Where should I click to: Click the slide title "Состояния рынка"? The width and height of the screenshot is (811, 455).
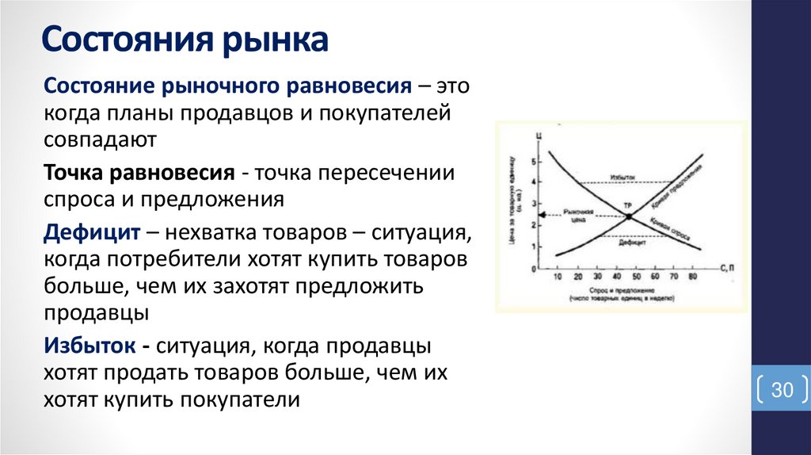(x=185, y=40)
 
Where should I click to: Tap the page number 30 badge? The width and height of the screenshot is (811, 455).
(x=782, y=391)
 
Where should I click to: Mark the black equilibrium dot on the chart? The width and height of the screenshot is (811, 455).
(x=628, y=216)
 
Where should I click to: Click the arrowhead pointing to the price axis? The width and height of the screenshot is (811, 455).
(x=542, y=215)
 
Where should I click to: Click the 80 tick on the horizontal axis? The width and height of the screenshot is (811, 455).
(x=693, y=277)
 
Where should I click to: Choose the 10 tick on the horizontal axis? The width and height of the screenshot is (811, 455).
(x=557, y=277)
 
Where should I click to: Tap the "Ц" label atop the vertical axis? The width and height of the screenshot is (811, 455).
(x=539, y=138)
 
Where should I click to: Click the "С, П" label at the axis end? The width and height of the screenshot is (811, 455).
(x=729, y=270)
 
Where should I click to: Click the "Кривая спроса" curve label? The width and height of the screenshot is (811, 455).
(x=670, y=227)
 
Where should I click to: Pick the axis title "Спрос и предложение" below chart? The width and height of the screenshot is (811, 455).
(x=620, y=291)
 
